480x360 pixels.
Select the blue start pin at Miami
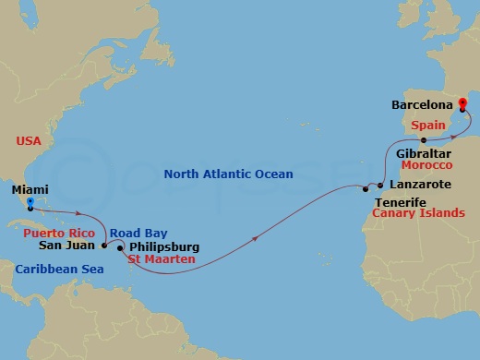(x=30, y=203)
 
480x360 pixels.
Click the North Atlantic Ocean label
(x=228, y=174)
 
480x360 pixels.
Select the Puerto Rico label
(x=57, y=234)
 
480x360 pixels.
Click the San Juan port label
(x=65, y=246)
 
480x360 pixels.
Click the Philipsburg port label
(x=162, y=246)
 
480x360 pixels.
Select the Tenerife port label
(x=400, y=200)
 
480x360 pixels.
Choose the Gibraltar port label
(x=423, y=152)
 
